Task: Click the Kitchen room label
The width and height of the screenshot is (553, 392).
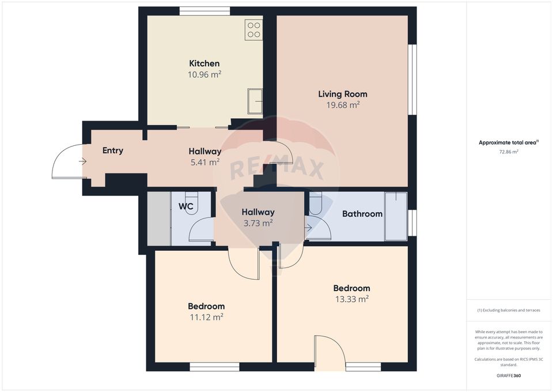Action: (x=204, y=63)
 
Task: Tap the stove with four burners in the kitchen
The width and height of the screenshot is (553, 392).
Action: (x=254, y=29)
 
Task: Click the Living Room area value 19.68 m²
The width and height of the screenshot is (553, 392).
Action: (x=343, y=105)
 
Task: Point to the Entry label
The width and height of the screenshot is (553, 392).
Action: (x=113, y=150)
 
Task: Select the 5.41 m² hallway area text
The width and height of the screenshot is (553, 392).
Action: (x=205, y=163)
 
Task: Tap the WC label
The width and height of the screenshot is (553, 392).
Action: (x=185, y=206)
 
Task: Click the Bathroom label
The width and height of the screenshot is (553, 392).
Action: (x=362, y=214)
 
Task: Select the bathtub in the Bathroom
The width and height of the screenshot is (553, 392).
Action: (x=396, y=216)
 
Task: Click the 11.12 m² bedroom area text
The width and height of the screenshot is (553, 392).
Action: (x=206, y=316)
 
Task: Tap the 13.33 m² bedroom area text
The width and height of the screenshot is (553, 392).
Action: (x=351, y=299)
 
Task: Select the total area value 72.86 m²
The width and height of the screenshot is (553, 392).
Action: (x=509, y=152)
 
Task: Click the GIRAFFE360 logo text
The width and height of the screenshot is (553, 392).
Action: (x=509, y=375)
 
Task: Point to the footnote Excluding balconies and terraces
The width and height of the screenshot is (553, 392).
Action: (x=509, y=310)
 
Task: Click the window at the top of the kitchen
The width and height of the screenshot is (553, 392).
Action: (x=204, y=11)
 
